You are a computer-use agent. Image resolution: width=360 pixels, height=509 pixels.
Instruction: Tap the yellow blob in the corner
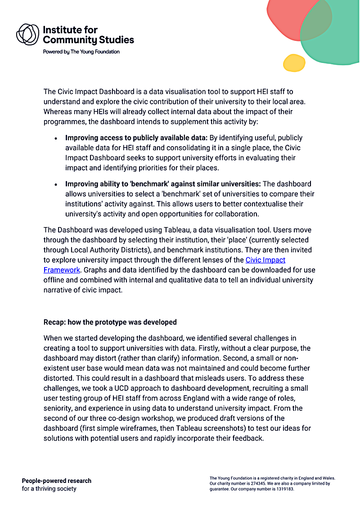294,63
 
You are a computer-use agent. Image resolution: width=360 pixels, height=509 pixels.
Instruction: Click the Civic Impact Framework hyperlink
265,260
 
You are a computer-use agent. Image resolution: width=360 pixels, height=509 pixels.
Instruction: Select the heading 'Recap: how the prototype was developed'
110,322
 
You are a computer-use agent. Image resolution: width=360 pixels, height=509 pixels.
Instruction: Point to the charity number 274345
253,483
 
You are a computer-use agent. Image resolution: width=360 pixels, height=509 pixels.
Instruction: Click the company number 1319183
283,489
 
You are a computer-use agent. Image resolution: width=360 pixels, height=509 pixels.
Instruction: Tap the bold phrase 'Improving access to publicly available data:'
136,138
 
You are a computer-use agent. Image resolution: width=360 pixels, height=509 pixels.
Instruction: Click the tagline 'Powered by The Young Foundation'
81,52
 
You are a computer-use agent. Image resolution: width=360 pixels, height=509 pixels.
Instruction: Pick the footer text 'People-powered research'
56,481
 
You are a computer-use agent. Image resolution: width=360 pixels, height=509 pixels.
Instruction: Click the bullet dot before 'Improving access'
56,138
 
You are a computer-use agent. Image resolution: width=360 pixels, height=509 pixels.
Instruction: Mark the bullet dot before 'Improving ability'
56,185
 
